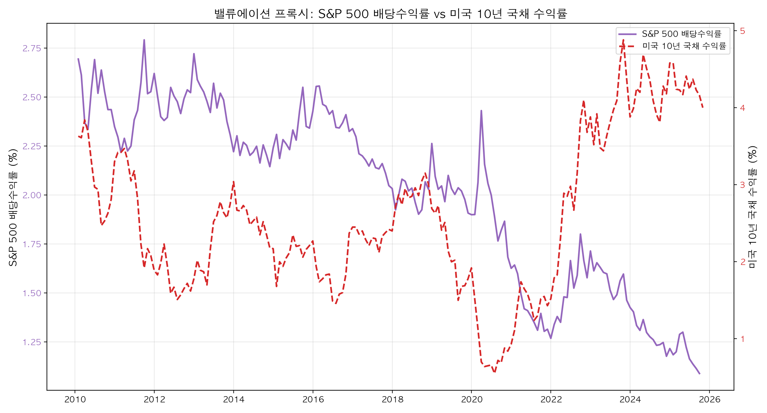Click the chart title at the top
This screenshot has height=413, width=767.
[x=390, y=14]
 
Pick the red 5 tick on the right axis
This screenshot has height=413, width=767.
[x=742, y=31]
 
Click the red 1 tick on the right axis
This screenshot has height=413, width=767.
[x=742, y=339]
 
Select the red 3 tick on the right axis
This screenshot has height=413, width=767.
[x=742, y=185]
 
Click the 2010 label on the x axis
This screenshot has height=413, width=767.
[x=75, y=400]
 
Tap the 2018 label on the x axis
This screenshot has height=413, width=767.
[x=392, y=400]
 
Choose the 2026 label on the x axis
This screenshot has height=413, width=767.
[x=709, y=400]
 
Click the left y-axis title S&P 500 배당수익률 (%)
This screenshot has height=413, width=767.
[x=13, y=207]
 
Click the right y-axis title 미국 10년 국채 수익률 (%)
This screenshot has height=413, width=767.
[x=753, y=207]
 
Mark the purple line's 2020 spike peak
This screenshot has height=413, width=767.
[x=481, y=111]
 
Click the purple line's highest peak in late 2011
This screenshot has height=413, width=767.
[x=144, y=40]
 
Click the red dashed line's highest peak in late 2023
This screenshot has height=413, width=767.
[x=624, y=40]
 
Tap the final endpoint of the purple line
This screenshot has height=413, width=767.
[x=700, y=374]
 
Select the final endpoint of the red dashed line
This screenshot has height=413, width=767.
[x=703, y=108]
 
